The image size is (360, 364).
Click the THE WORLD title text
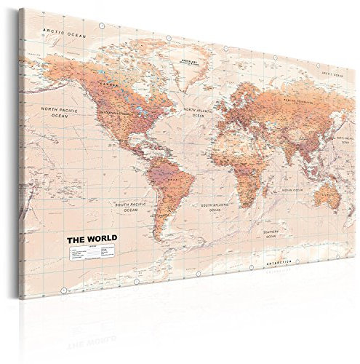click(90, 238)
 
